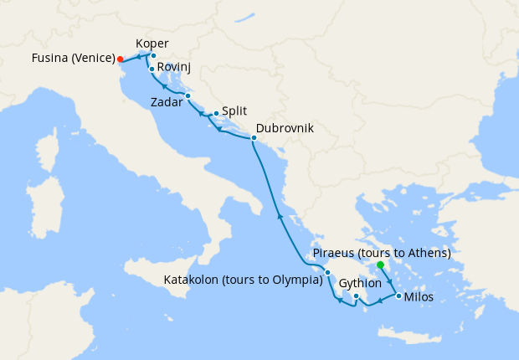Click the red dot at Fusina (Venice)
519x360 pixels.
click(120, 59)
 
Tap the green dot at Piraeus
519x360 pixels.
click(380, 265)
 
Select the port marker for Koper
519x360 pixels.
click(153, 55)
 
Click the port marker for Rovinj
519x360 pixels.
click(152, 69)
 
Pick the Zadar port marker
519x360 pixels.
click(188, 95)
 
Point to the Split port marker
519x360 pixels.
click(216, 113)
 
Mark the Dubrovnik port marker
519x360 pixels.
click(254, 136)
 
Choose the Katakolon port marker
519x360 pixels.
click(328, 273)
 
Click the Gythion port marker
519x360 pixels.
click(356, 296)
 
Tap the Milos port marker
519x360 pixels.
click(398, 296)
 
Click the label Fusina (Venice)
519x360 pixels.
click(62, 59)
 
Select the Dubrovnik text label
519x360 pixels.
click(285, 128)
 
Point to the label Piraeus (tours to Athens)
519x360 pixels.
click(381, 253)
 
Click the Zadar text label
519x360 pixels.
click(165, 103)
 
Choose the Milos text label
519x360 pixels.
click(418, 297)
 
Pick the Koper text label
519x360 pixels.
click(152, 44)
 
